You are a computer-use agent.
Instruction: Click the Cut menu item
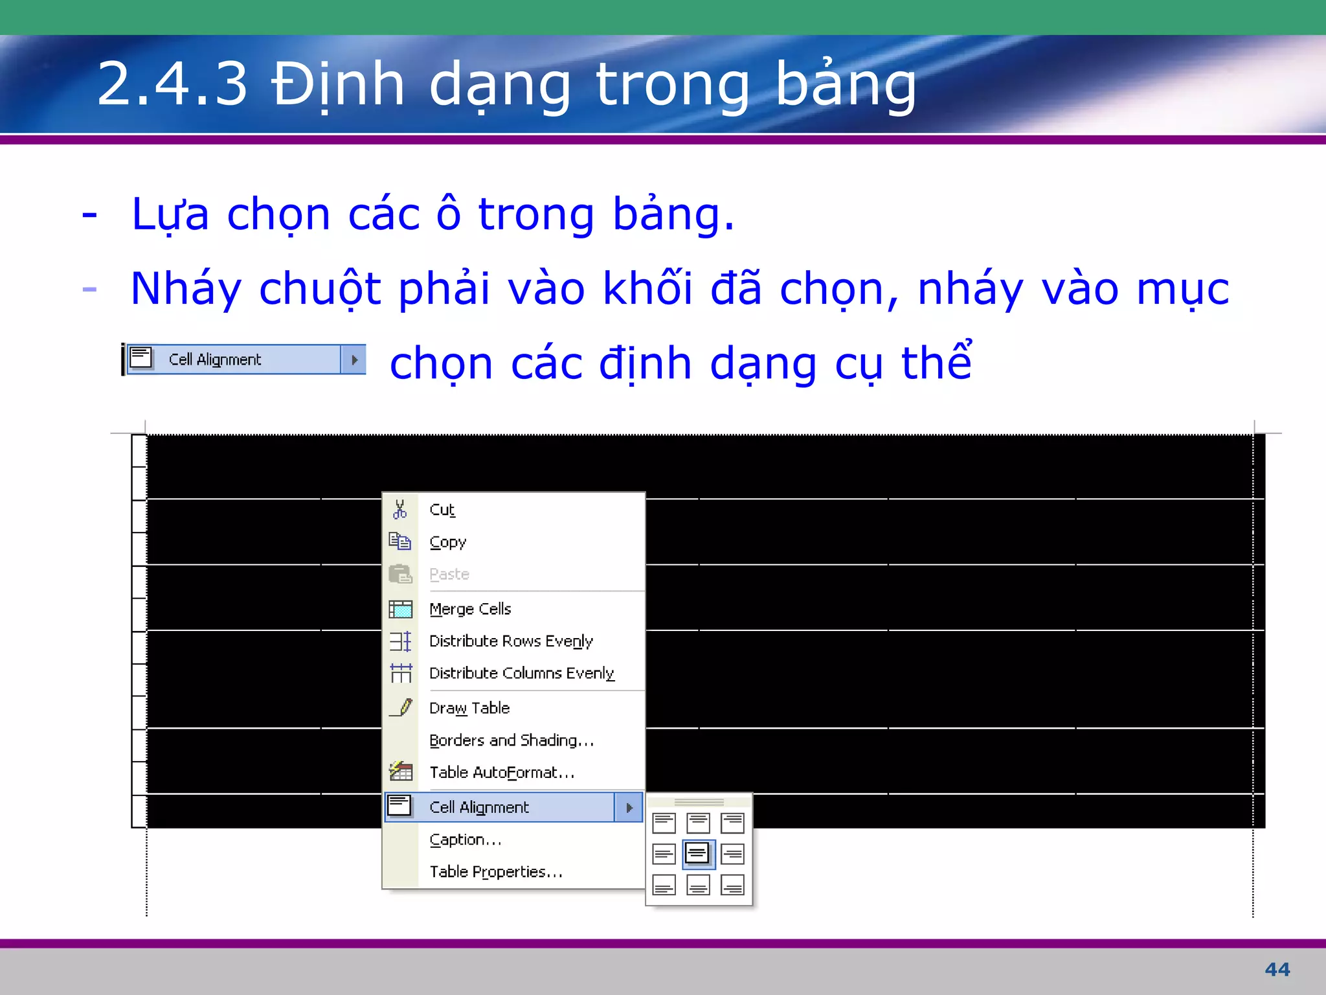442,510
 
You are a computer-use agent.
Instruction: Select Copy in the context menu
447,542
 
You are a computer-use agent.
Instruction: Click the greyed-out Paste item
449,574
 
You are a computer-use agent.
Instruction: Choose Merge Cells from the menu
470,609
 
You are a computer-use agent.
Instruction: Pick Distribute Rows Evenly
511,641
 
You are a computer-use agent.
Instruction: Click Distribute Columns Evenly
521,673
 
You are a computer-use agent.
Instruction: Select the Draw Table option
469,708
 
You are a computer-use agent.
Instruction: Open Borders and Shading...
511,740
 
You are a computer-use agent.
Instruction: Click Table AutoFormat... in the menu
502,772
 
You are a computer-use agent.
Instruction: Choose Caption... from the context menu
466,840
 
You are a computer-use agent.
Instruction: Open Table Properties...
496,872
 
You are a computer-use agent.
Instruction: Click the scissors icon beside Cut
400,509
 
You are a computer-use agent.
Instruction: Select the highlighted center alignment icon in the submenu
698,854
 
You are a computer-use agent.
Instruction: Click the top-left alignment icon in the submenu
664,823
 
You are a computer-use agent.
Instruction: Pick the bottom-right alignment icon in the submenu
732,885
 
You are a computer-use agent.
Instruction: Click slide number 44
1277,970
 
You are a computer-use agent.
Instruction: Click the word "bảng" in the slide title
846,84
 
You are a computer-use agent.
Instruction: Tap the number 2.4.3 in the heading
172,84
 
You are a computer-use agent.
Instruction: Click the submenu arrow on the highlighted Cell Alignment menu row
629,808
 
